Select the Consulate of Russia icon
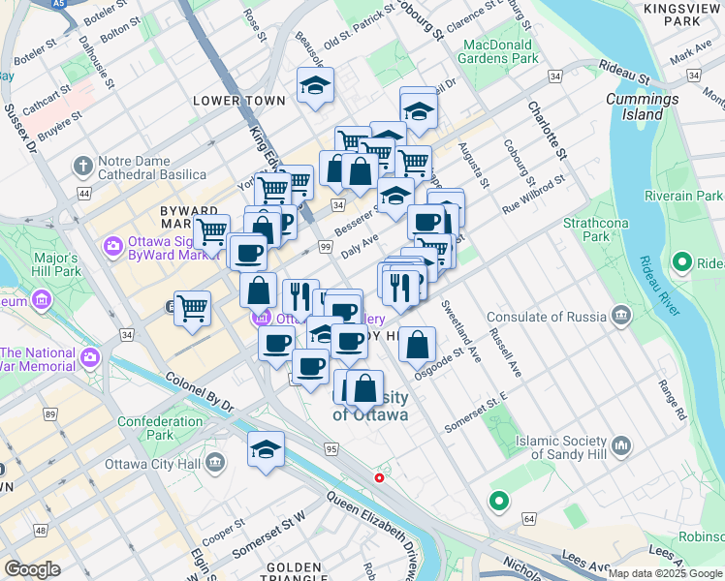(x=620, y=316)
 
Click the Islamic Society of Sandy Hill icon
(x=620, y=446)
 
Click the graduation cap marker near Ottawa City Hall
(x=266, y=449)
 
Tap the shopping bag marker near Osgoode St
(x=417, y=344)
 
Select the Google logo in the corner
(x=32, y=569)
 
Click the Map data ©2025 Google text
(x=664, y=573)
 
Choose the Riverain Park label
(x=690, y=196)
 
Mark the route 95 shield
(x=331, y=449)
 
